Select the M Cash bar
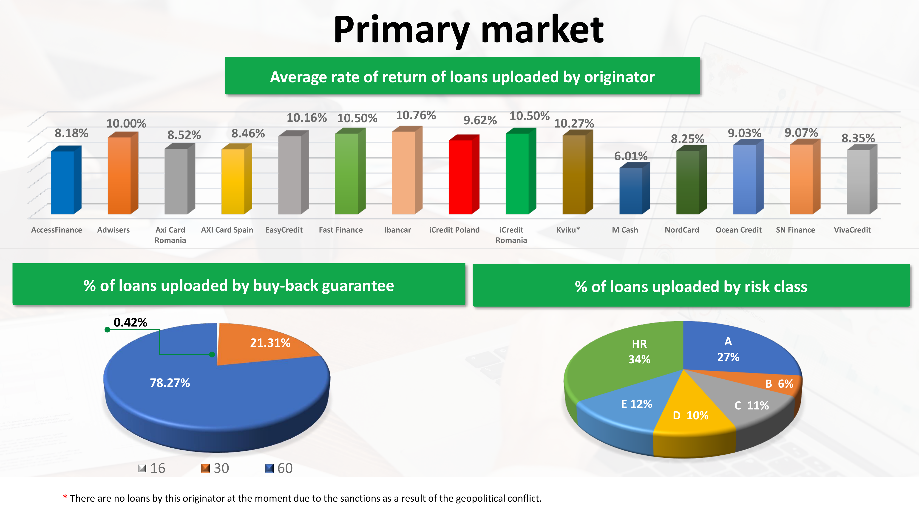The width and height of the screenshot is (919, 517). [x=634, y=188]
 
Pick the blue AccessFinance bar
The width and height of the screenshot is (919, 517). [x=66, y=180]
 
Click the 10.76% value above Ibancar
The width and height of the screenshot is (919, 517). [x=416, y=115]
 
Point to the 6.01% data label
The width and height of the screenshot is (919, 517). [x=631, y=156]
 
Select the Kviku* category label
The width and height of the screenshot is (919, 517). [x=568, y=230]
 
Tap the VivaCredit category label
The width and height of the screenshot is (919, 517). [x=852, y=230]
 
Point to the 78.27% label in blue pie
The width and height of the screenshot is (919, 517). [x=170, y=383]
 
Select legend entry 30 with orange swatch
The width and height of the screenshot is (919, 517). [x=215, y=468]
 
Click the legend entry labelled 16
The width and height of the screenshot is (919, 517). [x=151, y=468]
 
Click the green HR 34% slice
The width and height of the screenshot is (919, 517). [x=628, y=357]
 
